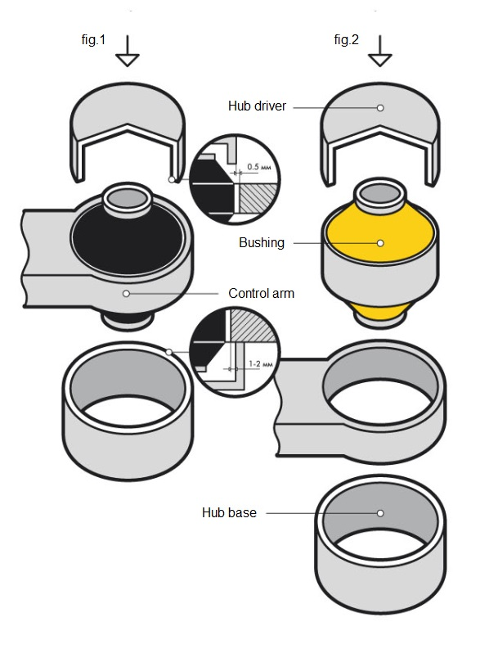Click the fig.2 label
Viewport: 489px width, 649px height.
pyautogui.click(x=346, y=41)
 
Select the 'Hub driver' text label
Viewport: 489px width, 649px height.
pyautogui.click(x=257, y=106)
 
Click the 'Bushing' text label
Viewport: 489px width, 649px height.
pyautogui.click(x=261, y=243)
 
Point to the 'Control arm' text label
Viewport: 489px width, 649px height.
pyautogui.click(x=262, y=293)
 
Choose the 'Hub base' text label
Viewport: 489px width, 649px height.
pyautogui.click(x=229, y=513)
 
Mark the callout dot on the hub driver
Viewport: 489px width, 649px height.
pyautogui.click(x=380, y=107)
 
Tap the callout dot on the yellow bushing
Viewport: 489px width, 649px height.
pyautogui.click(x=380, y=243)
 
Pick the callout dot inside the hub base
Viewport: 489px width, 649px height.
pyautogui.click(x=380, y=513)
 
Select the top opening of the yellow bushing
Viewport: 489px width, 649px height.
pyautogui.click(x=380, y=193)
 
